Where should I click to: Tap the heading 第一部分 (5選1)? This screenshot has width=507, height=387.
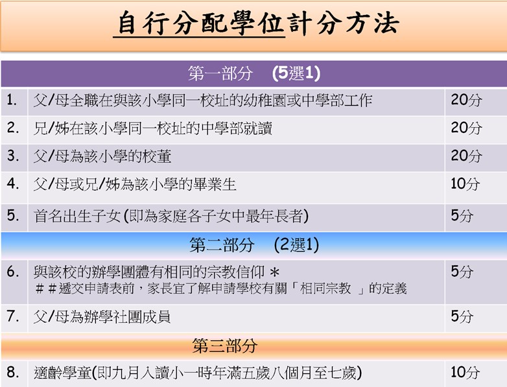click(254, 73)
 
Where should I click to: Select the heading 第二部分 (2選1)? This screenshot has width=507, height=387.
click(254, 245)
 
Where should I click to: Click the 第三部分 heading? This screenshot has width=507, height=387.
click(225, 346)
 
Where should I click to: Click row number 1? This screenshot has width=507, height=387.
click(12, 100)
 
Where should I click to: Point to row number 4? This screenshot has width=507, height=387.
click(12, 183)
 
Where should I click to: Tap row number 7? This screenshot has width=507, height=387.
click(12, 316)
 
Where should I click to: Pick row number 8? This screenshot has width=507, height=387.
click(12, 372)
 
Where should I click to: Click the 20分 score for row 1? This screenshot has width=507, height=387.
click(466, 100)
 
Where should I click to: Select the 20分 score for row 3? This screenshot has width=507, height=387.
click(466, 156)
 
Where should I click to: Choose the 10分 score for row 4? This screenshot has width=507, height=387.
click(465, 183)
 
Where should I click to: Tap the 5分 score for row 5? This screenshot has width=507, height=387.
click(462, 215)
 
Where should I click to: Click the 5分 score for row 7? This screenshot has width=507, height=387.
click(462, 316)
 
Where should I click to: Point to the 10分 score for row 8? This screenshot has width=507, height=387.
click(465, 372)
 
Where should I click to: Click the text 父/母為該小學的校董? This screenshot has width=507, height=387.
click(102, 156)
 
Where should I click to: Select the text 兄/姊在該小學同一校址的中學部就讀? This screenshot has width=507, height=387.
click(153, 128)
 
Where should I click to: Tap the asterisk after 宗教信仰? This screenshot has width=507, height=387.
click(274, 272)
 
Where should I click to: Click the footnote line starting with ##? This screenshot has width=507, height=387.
click(221, 288)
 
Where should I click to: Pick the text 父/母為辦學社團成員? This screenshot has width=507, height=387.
click(102, 316)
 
